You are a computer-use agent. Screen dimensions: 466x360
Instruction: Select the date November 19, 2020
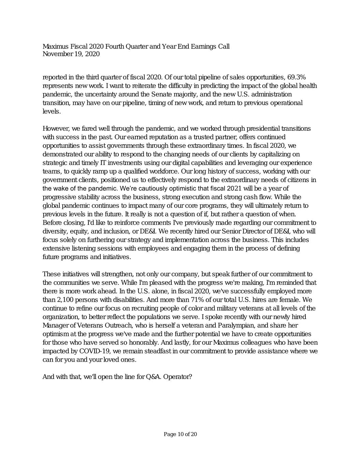point(71,54)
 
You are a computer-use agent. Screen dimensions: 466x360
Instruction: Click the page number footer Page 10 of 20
point(180,434)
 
